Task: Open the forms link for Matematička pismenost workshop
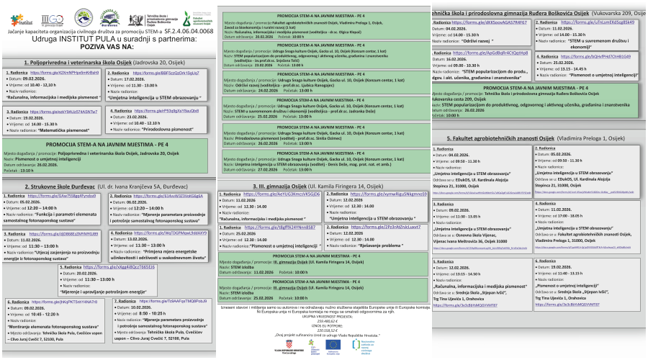(65, 112)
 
